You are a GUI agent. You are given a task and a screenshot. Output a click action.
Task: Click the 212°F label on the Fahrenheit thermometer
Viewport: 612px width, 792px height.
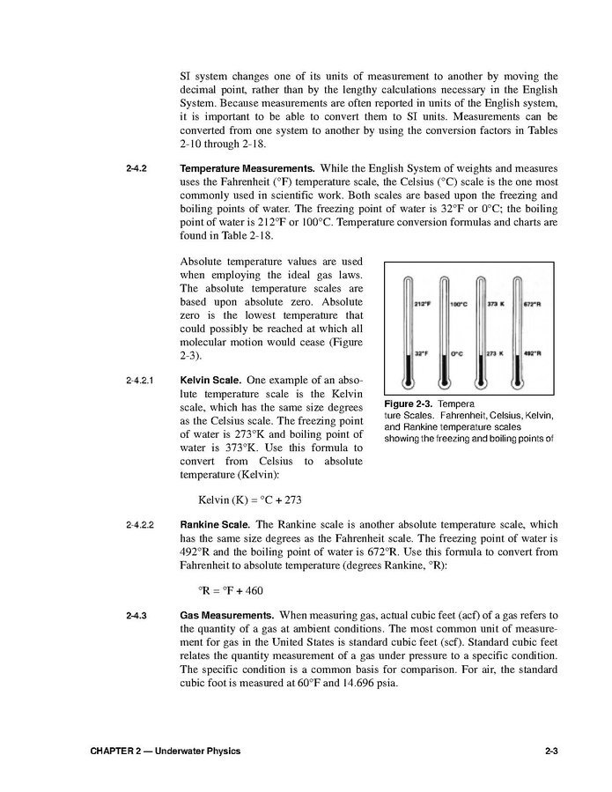[x=422, y=304]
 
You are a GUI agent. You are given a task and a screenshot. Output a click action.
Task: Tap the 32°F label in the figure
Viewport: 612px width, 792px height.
[x=422, y=353]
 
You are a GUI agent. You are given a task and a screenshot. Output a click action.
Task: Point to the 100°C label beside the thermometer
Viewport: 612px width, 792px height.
[x=458, y=304]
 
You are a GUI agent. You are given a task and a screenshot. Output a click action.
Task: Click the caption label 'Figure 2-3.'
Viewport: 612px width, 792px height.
[x=409, y=403]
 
